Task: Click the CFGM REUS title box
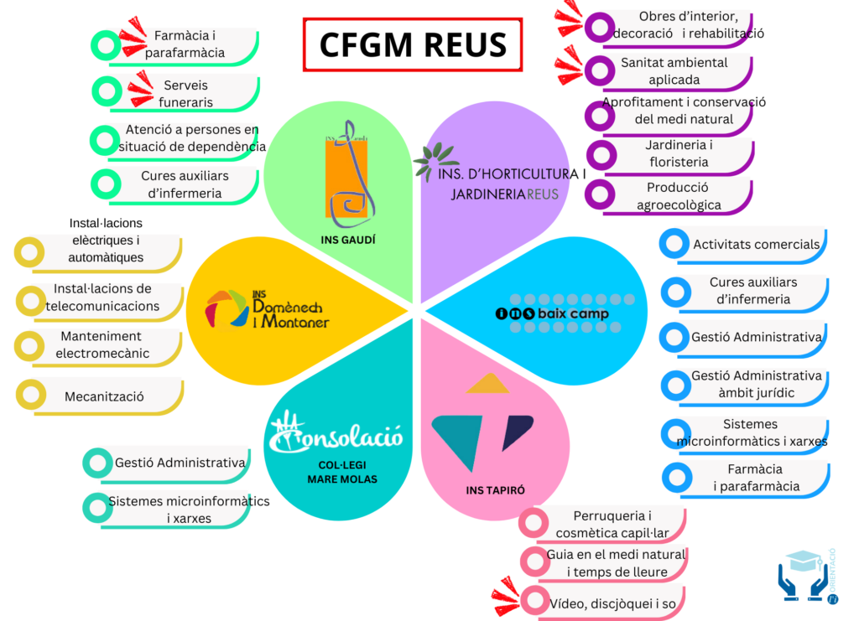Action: (413, 44)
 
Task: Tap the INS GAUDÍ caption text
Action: (347, 240)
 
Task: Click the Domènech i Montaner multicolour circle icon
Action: (226, 308)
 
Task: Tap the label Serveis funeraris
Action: (187, 94)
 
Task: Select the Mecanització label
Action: (105, 396)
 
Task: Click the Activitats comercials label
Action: (756, 245)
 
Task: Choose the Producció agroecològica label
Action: (678, 196)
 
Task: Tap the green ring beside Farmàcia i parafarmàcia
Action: (105, 44)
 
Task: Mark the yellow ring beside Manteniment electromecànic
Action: (30, 345)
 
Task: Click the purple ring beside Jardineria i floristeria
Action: (600, 153)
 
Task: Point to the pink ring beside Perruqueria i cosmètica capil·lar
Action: (533, 523)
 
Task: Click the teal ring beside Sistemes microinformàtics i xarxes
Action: (96, 506)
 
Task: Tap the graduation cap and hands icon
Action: (804, 575)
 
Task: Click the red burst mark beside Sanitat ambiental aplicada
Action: (568, 65)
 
